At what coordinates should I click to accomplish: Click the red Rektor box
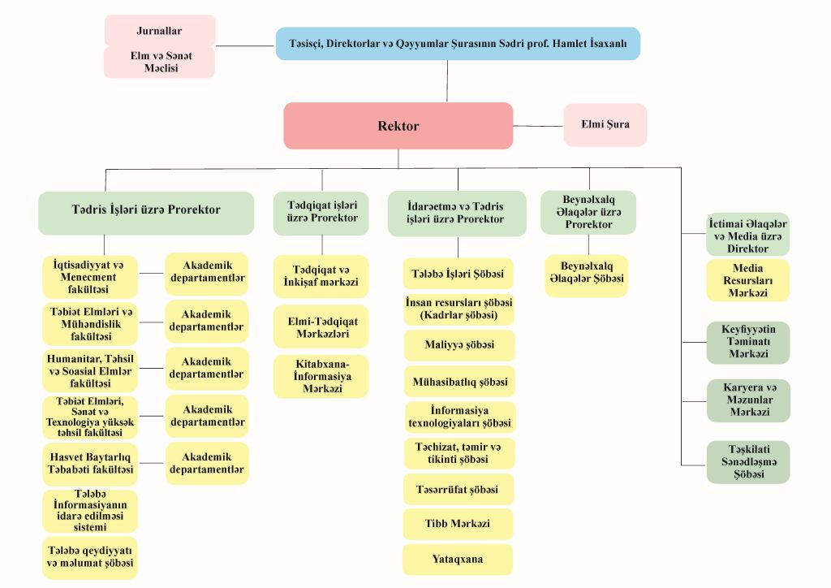(x=398, y=126)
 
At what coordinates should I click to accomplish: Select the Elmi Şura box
(x=605, y=125)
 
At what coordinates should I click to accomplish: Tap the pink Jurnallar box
(x=159, y=31)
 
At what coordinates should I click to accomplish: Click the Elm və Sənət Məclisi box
(x=159, y=63)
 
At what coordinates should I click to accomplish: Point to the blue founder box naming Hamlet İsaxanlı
(x=458, y=44)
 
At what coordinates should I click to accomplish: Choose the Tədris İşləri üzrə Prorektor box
(x=146, y=210)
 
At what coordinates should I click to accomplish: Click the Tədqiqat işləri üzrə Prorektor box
(x=321, y=212)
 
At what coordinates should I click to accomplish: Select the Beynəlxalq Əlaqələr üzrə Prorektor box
(x=588, y=212)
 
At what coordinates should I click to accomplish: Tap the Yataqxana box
(x=458, y=560)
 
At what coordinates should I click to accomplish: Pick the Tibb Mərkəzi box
(x=458, y=524)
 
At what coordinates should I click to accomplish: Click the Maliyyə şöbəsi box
(x=459, y=345)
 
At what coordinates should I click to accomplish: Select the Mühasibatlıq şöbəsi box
(x=459, y=381)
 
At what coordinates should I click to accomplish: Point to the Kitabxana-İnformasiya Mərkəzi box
(x=321, y=376)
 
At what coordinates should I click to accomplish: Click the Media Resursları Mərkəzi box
(x=747, y=280)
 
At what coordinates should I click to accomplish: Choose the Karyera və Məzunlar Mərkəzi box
(x=747, y=400)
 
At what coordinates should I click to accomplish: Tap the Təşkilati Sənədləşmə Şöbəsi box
(x=747, y=461)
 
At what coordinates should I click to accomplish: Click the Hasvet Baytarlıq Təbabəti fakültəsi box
(x=90, y=463)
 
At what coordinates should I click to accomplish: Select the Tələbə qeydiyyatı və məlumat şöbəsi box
(x=90, y=557)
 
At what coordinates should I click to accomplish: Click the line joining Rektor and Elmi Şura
(x=538, y=126)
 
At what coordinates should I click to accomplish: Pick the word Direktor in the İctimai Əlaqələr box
(x=747, y=249)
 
